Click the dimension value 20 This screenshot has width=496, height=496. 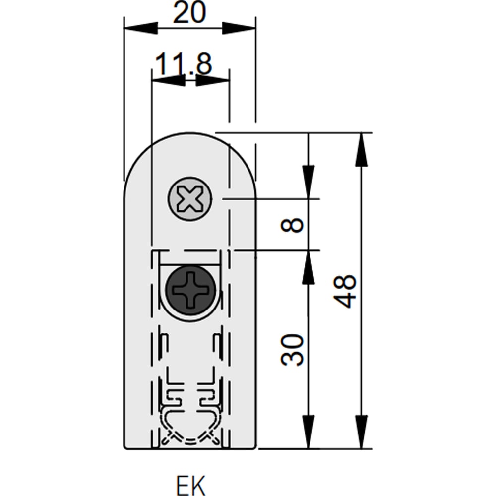[x=189, y=13]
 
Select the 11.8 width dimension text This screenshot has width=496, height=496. [x=184, y=64]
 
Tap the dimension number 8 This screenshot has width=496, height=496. [x=292, y=225]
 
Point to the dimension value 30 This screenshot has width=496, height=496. [x=292, y=350]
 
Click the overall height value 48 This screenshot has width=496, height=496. [x=345, y=291]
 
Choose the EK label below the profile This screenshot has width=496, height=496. [x=190, y=484]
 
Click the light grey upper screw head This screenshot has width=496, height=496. [x=190, y=199]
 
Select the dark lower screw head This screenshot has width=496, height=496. [x=191, y=290]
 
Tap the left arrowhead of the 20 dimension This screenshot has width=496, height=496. [x=141, y=28]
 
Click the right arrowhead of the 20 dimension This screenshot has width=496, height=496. [x=239, y=28]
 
